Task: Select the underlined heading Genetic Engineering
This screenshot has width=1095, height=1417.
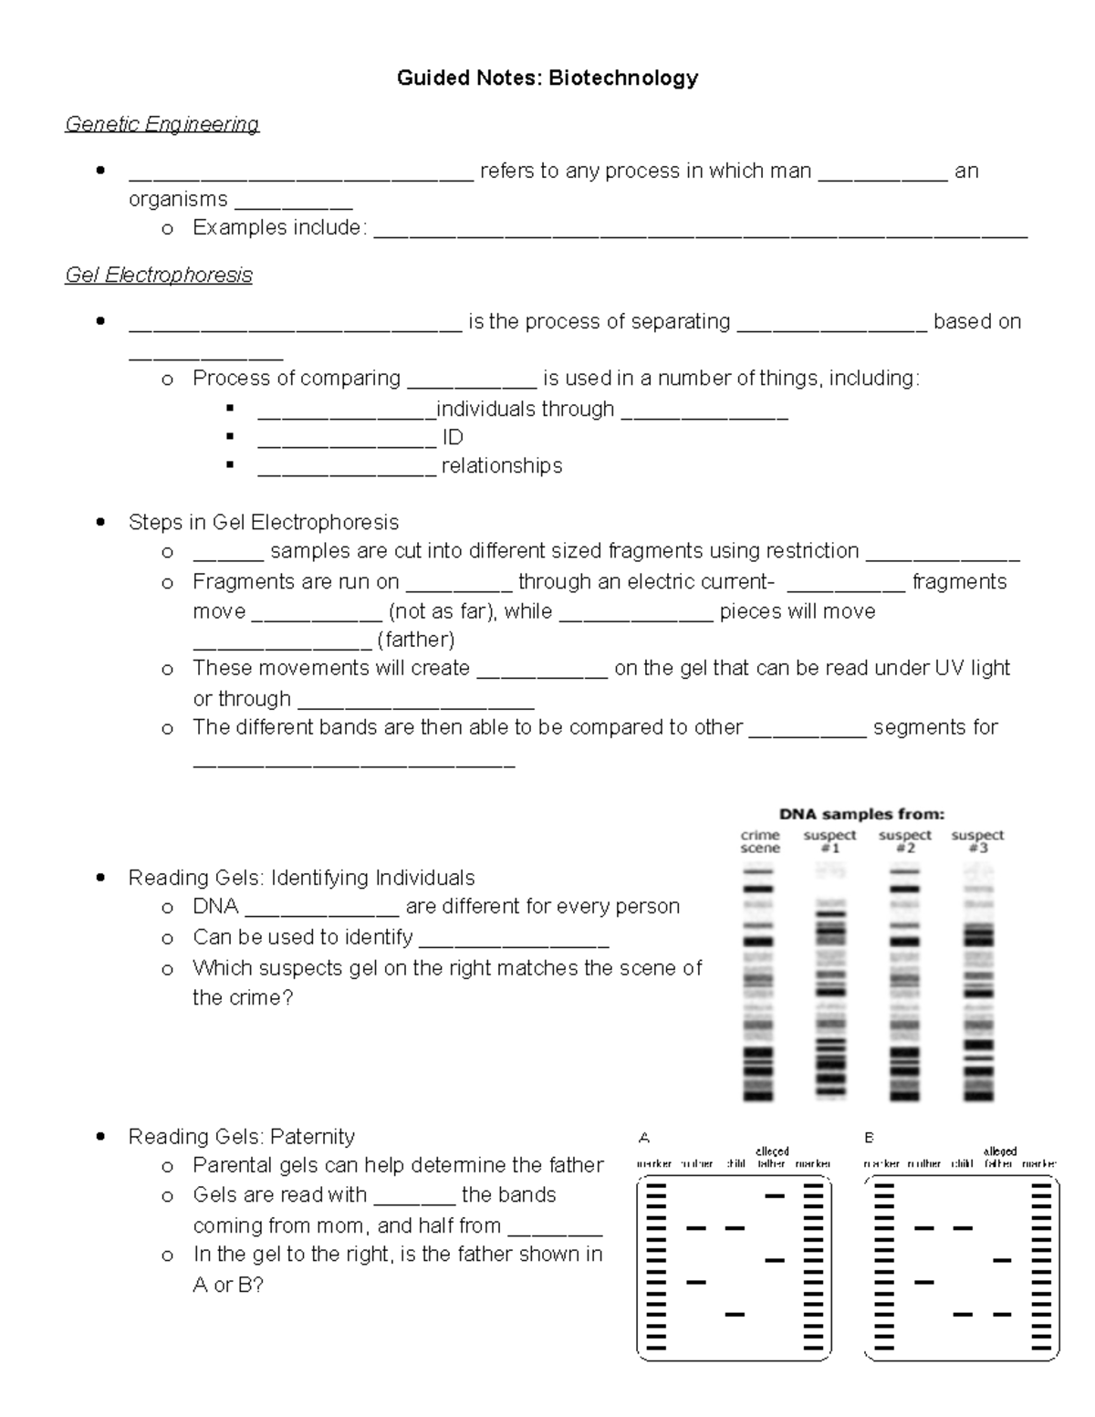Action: point(162,124)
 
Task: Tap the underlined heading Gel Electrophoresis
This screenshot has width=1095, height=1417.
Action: point(158,275)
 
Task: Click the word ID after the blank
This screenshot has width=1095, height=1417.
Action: point(453,438)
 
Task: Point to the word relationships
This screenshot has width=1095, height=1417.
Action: point(502,466)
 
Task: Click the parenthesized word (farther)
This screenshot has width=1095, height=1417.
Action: point(415,640)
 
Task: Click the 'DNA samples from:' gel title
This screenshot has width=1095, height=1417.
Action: point(860,814)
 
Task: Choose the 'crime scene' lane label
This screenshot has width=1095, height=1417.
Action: point(760,841)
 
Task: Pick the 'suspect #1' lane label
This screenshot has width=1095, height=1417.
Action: point(829,841)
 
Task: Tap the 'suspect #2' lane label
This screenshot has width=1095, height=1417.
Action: point(904,841)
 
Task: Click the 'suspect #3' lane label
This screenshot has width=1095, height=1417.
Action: point(977,841)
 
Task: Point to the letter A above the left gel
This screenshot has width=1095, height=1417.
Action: point(644,1138)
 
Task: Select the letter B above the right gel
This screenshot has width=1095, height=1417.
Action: point(869,1138)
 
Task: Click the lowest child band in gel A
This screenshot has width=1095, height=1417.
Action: point(735,1315)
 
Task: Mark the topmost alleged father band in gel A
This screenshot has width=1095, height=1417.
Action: point(775,1195)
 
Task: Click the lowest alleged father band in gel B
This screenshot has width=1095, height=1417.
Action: point(1002,1315)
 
